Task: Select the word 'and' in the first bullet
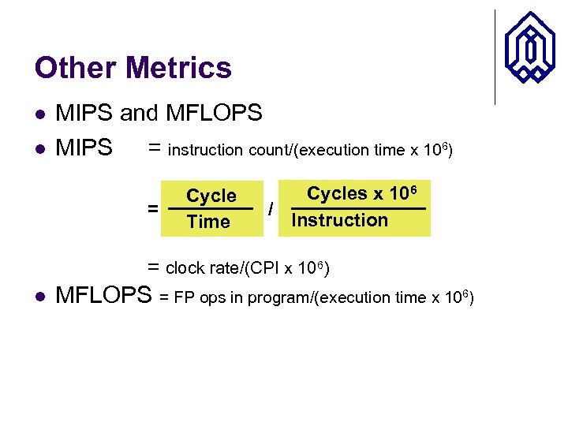139,114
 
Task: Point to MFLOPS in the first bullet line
214,114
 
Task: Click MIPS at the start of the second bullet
84,148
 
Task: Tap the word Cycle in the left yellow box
211,196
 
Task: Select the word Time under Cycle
208,222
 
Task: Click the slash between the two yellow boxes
271,209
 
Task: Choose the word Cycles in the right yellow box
337,193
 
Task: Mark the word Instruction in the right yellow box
340,220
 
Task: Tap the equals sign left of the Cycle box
151,209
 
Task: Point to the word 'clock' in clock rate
185,268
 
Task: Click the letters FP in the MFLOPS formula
183,298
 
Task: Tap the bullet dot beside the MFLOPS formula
39,297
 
